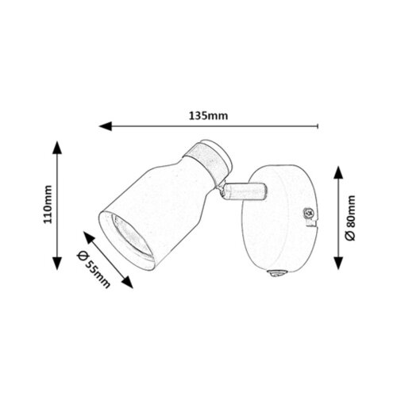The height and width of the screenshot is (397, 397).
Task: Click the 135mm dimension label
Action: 208,116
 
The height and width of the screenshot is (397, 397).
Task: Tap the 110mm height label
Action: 48,204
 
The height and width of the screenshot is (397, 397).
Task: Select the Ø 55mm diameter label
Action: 94,269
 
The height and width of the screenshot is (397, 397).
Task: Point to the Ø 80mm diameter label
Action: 350,218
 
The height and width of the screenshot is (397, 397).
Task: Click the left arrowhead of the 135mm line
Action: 106,126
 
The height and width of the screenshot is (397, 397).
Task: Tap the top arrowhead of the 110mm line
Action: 57,148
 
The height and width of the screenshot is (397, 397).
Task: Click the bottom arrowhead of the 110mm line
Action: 57,264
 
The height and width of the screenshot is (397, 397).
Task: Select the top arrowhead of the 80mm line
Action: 338,172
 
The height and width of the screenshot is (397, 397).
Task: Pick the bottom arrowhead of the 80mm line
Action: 338,263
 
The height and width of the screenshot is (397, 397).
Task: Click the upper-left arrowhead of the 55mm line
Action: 89,237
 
